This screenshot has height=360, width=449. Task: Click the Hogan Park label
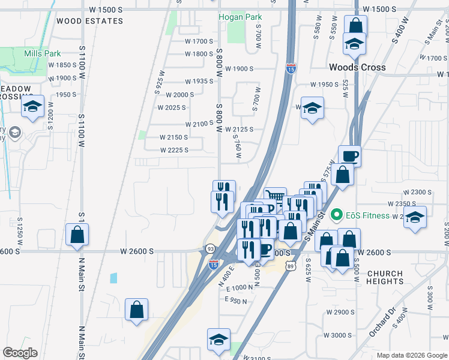(240, 17)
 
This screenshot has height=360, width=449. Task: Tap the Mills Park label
(43, 53)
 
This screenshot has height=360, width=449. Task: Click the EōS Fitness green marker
(337, 214)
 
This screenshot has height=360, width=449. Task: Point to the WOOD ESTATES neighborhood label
(89, 21)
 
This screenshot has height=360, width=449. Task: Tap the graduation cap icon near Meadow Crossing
(32, 107)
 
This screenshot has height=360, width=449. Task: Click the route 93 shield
(210, 248)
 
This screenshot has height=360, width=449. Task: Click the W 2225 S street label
(174, 150)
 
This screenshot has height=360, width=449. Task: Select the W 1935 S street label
(199, 81)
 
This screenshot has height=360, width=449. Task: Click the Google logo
(20, 353)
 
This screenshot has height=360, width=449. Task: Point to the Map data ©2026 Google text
(411, 355)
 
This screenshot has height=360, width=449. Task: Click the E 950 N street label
(237, 299)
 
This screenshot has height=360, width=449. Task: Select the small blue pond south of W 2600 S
(114, 278)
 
